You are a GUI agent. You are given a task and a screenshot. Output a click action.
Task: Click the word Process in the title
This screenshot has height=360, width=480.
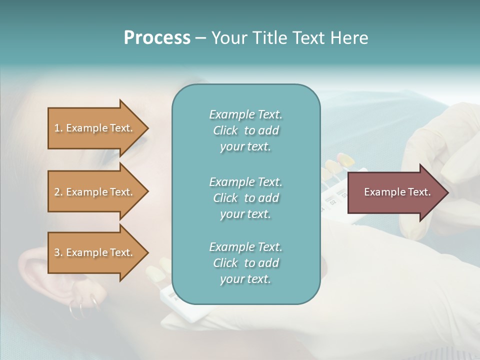pyautogui.click(x=157, y=38)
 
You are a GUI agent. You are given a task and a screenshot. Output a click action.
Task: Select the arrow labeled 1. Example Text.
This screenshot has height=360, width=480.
pyautogui.click(x=95, y=128)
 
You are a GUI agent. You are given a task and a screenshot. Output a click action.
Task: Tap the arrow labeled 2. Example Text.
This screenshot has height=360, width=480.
pyautogui.click(x=95, y=192)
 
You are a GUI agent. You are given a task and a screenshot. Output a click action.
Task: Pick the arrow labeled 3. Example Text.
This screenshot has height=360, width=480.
pyautogui.click(x=95, y=252)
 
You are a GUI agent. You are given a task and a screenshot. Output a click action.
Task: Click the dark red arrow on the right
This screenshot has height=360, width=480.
pyautogui.click(x=395, y=192)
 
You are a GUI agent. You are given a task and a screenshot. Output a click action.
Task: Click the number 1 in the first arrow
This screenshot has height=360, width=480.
pyautogui.click(x=57, y=128)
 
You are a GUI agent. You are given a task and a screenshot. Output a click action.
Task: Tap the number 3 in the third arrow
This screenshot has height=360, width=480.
pyautogui.click(x=57, y=252)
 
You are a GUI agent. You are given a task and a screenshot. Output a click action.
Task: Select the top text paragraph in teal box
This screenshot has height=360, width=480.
pyautogui.click(x=245, y=130)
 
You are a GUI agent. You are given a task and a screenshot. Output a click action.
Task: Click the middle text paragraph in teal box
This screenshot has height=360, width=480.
pyautogui.click(x=245, y=197)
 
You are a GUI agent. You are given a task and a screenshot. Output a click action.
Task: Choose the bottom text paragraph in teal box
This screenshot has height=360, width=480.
pyautogui.click(x=245, y=263)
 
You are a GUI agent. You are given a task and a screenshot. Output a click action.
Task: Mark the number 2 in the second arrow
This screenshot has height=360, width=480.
pyautogui.click(x=57, y=192)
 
